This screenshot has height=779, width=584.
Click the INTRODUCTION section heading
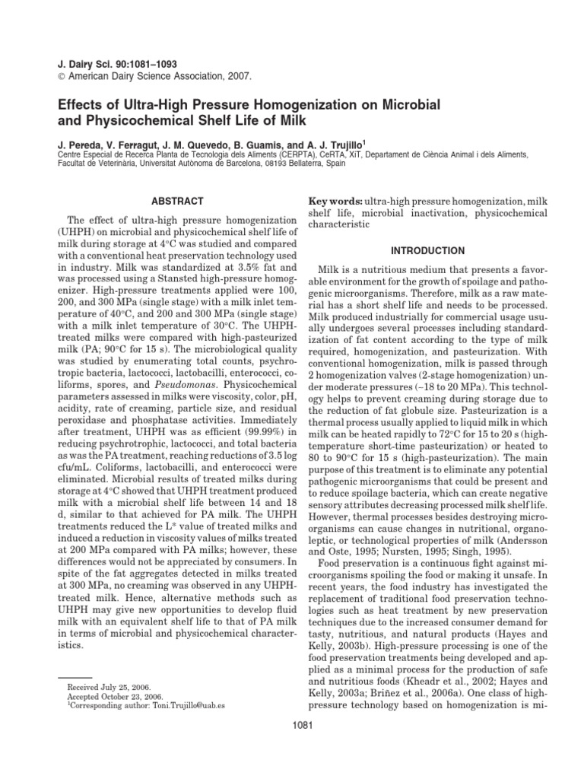click(x=427, y=250)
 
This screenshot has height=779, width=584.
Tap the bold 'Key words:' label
click(x=334, y=201)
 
